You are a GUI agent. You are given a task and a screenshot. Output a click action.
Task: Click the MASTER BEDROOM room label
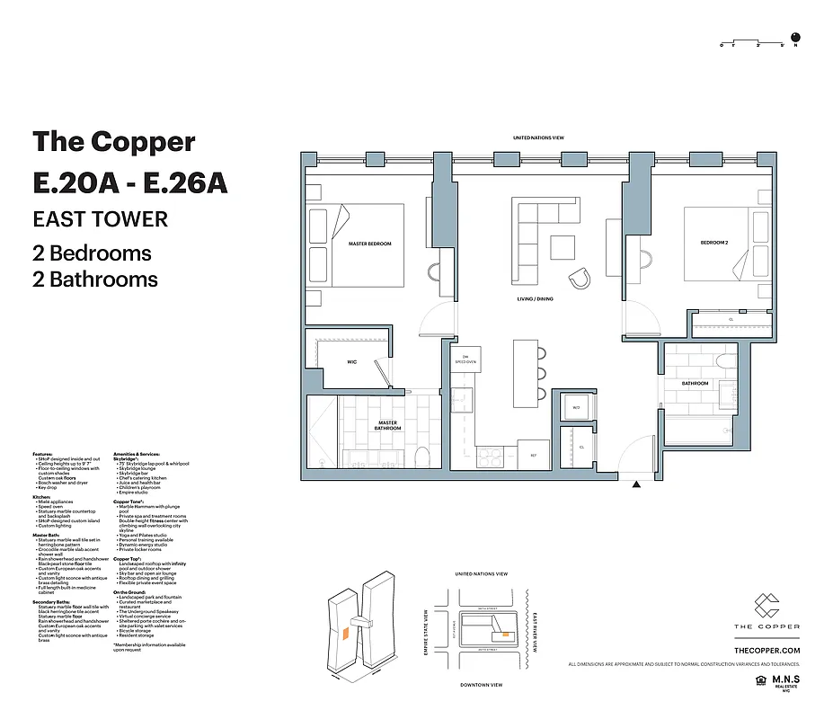pos(370,244)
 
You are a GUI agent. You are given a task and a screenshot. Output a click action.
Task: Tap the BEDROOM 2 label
pos(714,243)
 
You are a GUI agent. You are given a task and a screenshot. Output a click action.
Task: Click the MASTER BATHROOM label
pos(388,425)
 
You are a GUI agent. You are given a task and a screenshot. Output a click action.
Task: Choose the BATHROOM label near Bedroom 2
pos(695,384)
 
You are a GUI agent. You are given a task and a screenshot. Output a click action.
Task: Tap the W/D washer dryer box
pos(575,408)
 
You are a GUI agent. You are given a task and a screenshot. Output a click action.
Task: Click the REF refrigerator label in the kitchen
pos(533,456)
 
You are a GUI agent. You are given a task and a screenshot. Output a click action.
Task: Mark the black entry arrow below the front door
pos(637,485)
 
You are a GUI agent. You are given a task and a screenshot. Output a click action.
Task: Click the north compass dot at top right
pos(794,39)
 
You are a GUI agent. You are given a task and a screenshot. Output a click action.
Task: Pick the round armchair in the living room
pos(580,277)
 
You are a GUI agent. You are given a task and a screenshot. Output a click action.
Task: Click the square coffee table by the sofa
pos(563,246)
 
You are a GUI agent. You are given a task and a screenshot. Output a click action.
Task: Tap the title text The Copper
pos(113,142)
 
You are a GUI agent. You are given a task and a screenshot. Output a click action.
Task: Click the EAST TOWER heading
pos(100,218)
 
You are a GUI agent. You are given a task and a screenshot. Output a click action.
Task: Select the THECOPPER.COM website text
pos(766,649)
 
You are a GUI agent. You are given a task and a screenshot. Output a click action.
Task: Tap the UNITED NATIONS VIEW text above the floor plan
pos(537,138)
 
